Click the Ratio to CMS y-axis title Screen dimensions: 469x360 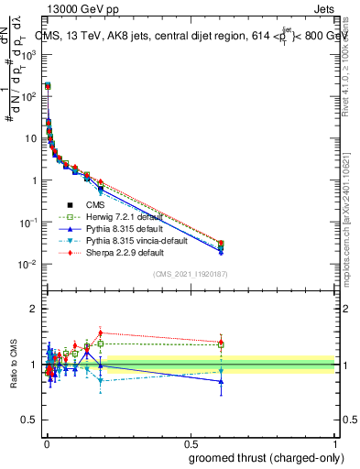[x=13, y=365]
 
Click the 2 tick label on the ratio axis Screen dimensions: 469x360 [x=35, y=309]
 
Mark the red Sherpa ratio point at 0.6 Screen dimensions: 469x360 [x=221, y=342]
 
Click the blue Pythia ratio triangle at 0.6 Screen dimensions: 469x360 [x=221, y=381]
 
